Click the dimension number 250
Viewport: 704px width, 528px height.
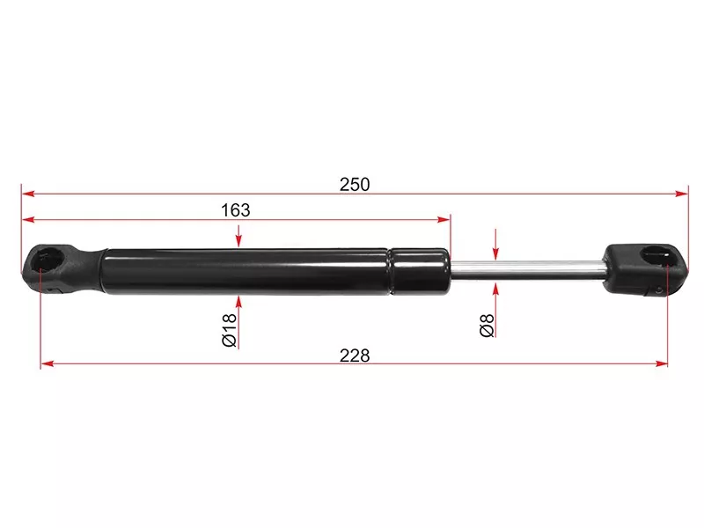(x=355, y=185)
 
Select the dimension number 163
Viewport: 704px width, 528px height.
(x=236, y=210)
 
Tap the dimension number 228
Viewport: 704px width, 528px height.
(x=355, y=356)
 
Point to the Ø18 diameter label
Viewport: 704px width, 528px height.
(x=229, y=330)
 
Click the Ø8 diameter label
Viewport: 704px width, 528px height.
(x=487, y=326)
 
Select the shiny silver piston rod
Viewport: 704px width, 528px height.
(x=528, y=270)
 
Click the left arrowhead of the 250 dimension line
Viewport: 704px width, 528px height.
(x=28, y=194)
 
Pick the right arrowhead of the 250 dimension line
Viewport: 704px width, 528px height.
(x=681, y=194)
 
